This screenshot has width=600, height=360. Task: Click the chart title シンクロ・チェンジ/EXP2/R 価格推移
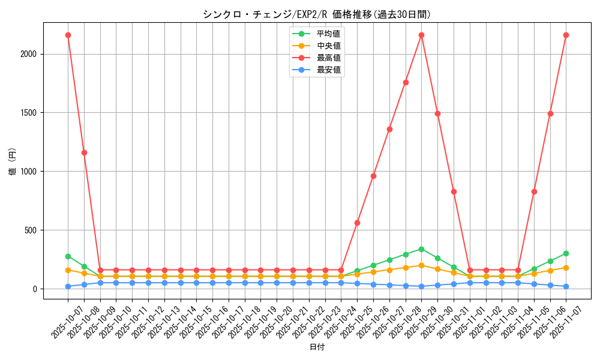(x=316, y=14)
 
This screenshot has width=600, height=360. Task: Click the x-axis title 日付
(x=316, y=347)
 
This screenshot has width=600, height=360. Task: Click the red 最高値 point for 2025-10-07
(x=68, y=35)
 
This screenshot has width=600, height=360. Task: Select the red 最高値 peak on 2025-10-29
(x=421, y=35)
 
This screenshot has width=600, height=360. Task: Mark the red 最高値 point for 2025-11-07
(x=566, y=35)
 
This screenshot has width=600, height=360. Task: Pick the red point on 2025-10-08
(x=84, y=152)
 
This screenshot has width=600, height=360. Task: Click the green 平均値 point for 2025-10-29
(x=421, y=249)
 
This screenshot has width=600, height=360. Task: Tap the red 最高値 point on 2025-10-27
(x=389, y=129)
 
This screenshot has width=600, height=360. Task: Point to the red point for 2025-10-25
(x=357, y=223)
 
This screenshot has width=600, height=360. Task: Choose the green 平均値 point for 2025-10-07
(x=68, y=256)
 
